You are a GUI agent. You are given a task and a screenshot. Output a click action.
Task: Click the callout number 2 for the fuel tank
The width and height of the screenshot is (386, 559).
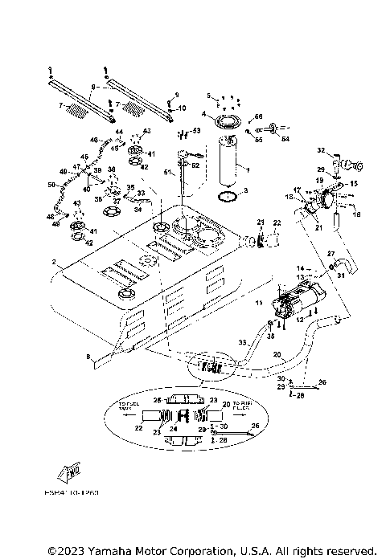54,262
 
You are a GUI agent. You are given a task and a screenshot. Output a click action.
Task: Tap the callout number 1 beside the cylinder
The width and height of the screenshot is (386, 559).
204,114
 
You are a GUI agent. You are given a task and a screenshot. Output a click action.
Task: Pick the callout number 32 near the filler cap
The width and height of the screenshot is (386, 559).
319,150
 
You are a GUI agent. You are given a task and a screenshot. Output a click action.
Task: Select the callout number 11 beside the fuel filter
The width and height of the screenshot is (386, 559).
260,303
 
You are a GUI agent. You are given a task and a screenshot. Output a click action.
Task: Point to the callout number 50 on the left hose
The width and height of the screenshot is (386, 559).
50,185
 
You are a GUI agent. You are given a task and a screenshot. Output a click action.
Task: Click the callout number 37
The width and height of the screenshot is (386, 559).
115,202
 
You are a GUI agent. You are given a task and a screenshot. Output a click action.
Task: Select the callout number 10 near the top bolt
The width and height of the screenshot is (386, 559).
181,108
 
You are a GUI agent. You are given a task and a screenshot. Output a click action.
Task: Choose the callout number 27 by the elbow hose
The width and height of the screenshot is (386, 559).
330,254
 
